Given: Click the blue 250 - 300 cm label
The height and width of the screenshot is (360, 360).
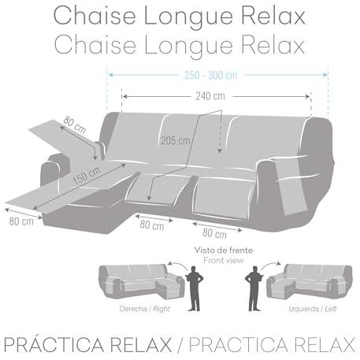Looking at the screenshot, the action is coord(211,76).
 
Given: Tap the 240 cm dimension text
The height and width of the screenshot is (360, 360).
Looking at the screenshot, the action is coord(210,96).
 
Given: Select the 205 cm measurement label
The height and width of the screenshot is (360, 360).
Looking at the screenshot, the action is coord(176,141).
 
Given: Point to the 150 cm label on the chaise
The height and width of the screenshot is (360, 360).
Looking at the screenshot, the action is coord(87,175).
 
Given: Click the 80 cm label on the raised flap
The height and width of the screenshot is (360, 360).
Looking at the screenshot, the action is coord(75,124).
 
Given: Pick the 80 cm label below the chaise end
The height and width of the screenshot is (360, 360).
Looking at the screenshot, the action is coord(21,221).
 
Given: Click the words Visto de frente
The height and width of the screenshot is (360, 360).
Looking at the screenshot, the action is coord(224,251).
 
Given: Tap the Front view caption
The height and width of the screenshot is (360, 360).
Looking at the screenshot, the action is coord(224,261).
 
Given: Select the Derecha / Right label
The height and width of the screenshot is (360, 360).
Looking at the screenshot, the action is coord(145,309).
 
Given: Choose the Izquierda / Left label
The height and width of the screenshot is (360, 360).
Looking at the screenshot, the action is coord(313,309).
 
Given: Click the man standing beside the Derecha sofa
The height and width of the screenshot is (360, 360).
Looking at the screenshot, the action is coord(195,288).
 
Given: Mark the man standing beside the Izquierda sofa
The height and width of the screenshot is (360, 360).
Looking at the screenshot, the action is coord(254,288).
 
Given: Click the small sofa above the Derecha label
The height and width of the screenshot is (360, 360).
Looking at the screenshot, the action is coord(141,282).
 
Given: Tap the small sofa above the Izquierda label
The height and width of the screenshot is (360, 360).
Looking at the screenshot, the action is coord(310,282).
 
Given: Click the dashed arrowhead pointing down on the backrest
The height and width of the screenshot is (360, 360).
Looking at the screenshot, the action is coord(220,151).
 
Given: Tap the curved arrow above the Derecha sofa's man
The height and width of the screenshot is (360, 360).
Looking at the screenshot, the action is coord(177,265).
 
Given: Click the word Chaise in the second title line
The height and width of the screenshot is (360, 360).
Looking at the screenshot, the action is coord(95,45).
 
